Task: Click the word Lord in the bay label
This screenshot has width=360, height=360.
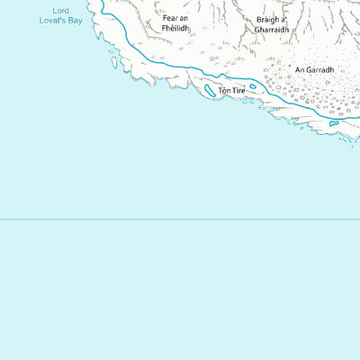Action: [61, 9]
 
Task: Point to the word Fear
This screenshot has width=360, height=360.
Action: [167, 17]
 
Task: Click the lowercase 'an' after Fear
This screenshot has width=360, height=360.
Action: [184, 17]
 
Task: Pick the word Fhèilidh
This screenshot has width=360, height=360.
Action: [175, 27]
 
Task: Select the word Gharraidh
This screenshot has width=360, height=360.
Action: [272, 29]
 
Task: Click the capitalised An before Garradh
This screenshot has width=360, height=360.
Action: [301, 68]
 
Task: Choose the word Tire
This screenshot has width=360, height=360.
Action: [238, 91]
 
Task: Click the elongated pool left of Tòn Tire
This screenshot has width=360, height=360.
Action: [210, 90]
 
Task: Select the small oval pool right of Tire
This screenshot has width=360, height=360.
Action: [254, 87]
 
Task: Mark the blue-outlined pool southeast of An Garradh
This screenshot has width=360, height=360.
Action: [333, 122]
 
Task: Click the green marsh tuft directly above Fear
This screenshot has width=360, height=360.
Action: [166, 4]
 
